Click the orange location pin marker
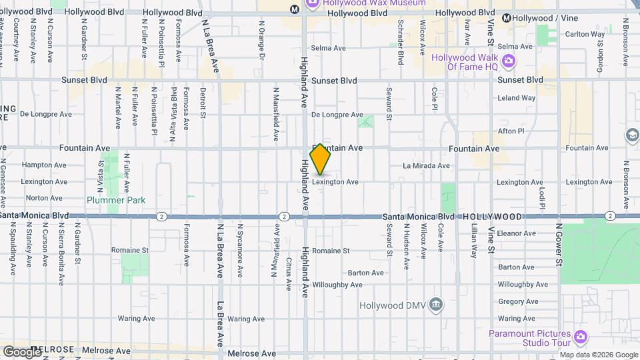[x=321, y=159]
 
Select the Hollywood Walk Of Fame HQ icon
[x=509, y=62]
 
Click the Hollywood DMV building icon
[x=436, y=305]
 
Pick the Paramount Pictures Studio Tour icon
[x=580, y=338]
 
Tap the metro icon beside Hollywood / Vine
[x=507, y=19]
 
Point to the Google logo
[x=23, y=352]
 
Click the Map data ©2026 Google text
[x=598, y=355]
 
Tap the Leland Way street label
[x=517, y=98]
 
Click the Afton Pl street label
[x=511, y=131]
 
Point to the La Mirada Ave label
[x=427, y=165]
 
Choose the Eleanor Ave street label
[x=517, y=233]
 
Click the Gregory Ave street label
[x=518, y=302]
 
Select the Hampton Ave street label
[x=44, y=165]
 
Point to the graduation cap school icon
[x=631, y=136]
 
